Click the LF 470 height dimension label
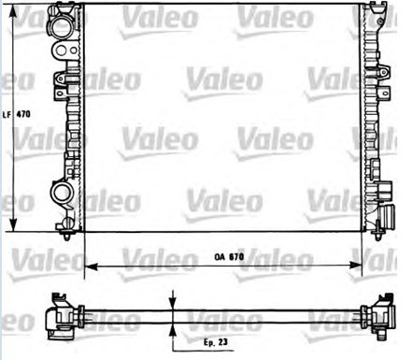[17, 114]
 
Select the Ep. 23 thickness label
[216, 342]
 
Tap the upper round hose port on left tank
[61, 25]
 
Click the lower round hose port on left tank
[62, 192]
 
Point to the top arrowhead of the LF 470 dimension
[13, 12]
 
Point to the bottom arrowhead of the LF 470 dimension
[13, 223]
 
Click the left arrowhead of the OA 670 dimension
[92, 266]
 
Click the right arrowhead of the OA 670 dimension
[355, 266]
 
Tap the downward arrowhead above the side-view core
[172, 302]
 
